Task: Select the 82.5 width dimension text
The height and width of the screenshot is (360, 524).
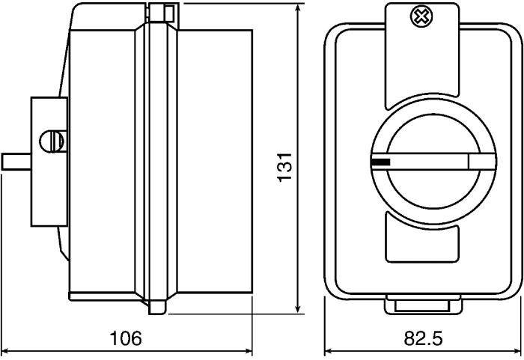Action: point(423,338)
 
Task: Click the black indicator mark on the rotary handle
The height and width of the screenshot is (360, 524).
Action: point(380,161)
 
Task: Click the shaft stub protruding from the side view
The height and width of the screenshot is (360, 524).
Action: point(16,161)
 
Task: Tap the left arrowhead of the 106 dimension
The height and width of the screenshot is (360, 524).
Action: point(6,350)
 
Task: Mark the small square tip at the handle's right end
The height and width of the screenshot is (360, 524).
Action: point(477,161)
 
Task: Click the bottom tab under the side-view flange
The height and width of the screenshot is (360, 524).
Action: point(157,307)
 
